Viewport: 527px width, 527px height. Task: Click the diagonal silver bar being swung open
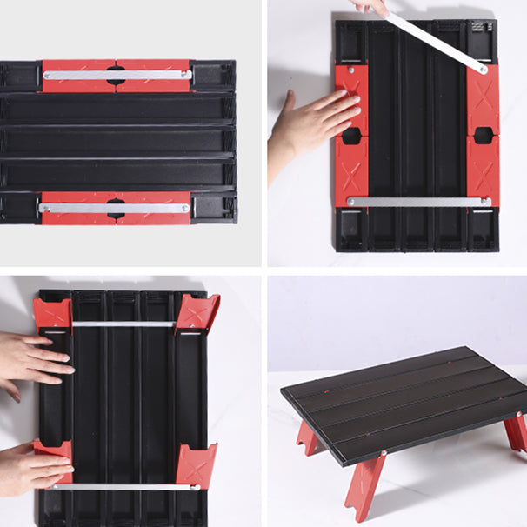435,41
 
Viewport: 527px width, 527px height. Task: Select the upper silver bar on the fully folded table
117,75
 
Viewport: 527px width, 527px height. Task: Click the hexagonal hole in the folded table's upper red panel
116,75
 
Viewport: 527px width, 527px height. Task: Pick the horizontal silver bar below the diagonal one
418,202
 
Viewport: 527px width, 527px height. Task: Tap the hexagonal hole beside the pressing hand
351,136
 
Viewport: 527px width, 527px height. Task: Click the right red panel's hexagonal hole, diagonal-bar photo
484,136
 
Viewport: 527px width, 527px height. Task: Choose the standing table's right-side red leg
515,431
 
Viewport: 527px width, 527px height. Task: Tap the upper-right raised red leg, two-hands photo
198,311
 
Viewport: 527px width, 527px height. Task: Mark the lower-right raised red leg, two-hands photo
197,464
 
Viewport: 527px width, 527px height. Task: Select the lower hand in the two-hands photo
30,465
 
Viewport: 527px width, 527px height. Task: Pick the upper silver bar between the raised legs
123,324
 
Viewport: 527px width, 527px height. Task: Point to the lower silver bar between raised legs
123,487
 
